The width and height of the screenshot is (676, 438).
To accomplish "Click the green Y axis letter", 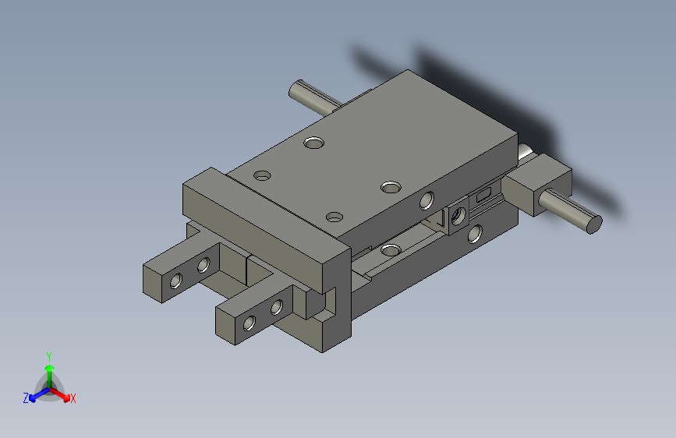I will click(x=48, y=355).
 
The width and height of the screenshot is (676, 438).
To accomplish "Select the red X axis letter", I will click(x=73, y=399).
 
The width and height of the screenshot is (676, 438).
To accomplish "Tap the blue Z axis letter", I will click(x=26, y=398).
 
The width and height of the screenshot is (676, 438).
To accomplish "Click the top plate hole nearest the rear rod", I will click(x=314, y=143).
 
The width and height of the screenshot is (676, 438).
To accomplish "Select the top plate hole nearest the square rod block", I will click(x=391, y=186).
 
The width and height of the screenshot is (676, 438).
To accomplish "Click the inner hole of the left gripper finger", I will click(x=204, y=266).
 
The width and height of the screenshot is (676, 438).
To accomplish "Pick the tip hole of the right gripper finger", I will click(x=250, y=322).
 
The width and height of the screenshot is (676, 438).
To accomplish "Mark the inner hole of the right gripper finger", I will click(x=276, y=307).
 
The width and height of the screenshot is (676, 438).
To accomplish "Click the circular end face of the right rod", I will click(x=593, y=224).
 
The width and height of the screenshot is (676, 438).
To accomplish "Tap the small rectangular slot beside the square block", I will click(x=483, y=193).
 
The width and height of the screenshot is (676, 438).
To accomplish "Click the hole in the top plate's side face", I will click(x=426, y=200).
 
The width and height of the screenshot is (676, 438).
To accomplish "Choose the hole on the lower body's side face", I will click(x=474, y=233).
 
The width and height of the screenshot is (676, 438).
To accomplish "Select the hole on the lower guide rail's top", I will click(x=390, y=249).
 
